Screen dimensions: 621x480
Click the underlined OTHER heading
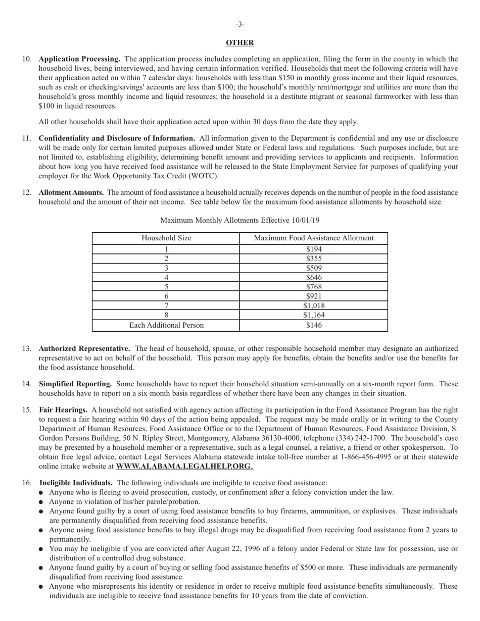coord(239,43)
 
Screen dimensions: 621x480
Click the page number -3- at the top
coord(240,24)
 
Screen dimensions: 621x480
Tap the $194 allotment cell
coord(313,249)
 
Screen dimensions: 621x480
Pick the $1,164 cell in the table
coord(313,315)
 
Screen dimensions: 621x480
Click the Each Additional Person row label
coord(166,325)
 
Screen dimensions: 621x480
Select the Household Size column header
coord(166,238)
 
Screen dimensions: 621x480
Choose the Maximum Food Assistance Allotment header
coord(313,238)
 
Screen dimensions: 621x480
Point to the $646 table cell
coord(313,277)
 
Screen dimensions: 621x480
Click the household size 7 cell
coord(166,305)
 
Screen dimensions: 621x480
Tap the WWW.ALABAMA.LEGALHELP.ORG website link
coord(184,467)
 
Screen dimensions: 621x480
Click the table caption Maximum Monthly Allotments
coord(239,220)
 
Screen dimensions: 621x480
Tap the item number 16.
coord(27,483)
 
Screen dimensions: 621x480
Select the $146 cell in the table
coord(313,325)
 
